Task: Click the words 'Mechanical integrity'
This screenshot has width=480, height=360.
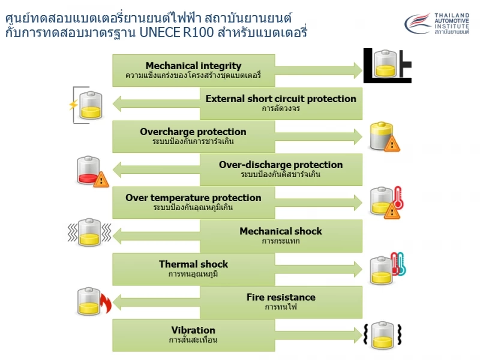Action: (193, 65)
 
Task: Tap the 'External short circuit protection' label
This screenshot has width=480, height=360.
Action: (281, 98)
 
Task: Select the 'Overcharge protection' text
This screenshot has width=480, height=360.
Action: (193, 131)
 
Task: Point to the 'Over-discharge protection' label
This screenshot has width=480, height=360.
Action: (281, 164)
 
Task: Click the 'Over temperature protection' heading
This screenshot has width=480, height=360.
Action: (193, 197)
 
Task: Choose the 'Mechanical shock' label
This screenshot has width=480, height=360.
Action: (281, 231)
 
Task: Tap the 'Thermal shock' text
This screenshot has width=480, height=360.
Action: (193, 264)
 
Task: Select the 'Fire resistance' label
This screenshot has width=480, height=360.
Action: (281, 297)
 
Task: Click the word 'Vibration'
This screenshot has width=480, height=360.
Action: (193, 330)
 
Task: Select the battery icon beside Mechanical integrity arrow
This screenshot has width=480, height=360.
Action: (386, 65)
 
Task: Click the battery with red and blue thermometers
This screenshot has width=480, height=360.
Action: (388, 267)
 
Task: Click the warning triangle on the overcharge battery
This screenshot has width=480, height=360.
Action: (392, 143)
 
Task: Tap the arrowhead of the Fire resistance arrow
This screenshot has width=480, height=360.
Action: (120, 302)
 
